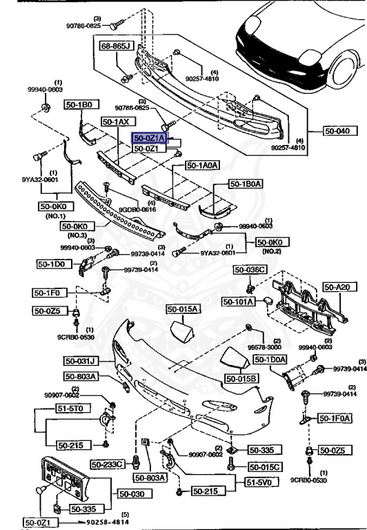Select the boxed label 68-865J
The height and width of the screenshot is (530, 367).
[x=117, y=48]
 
